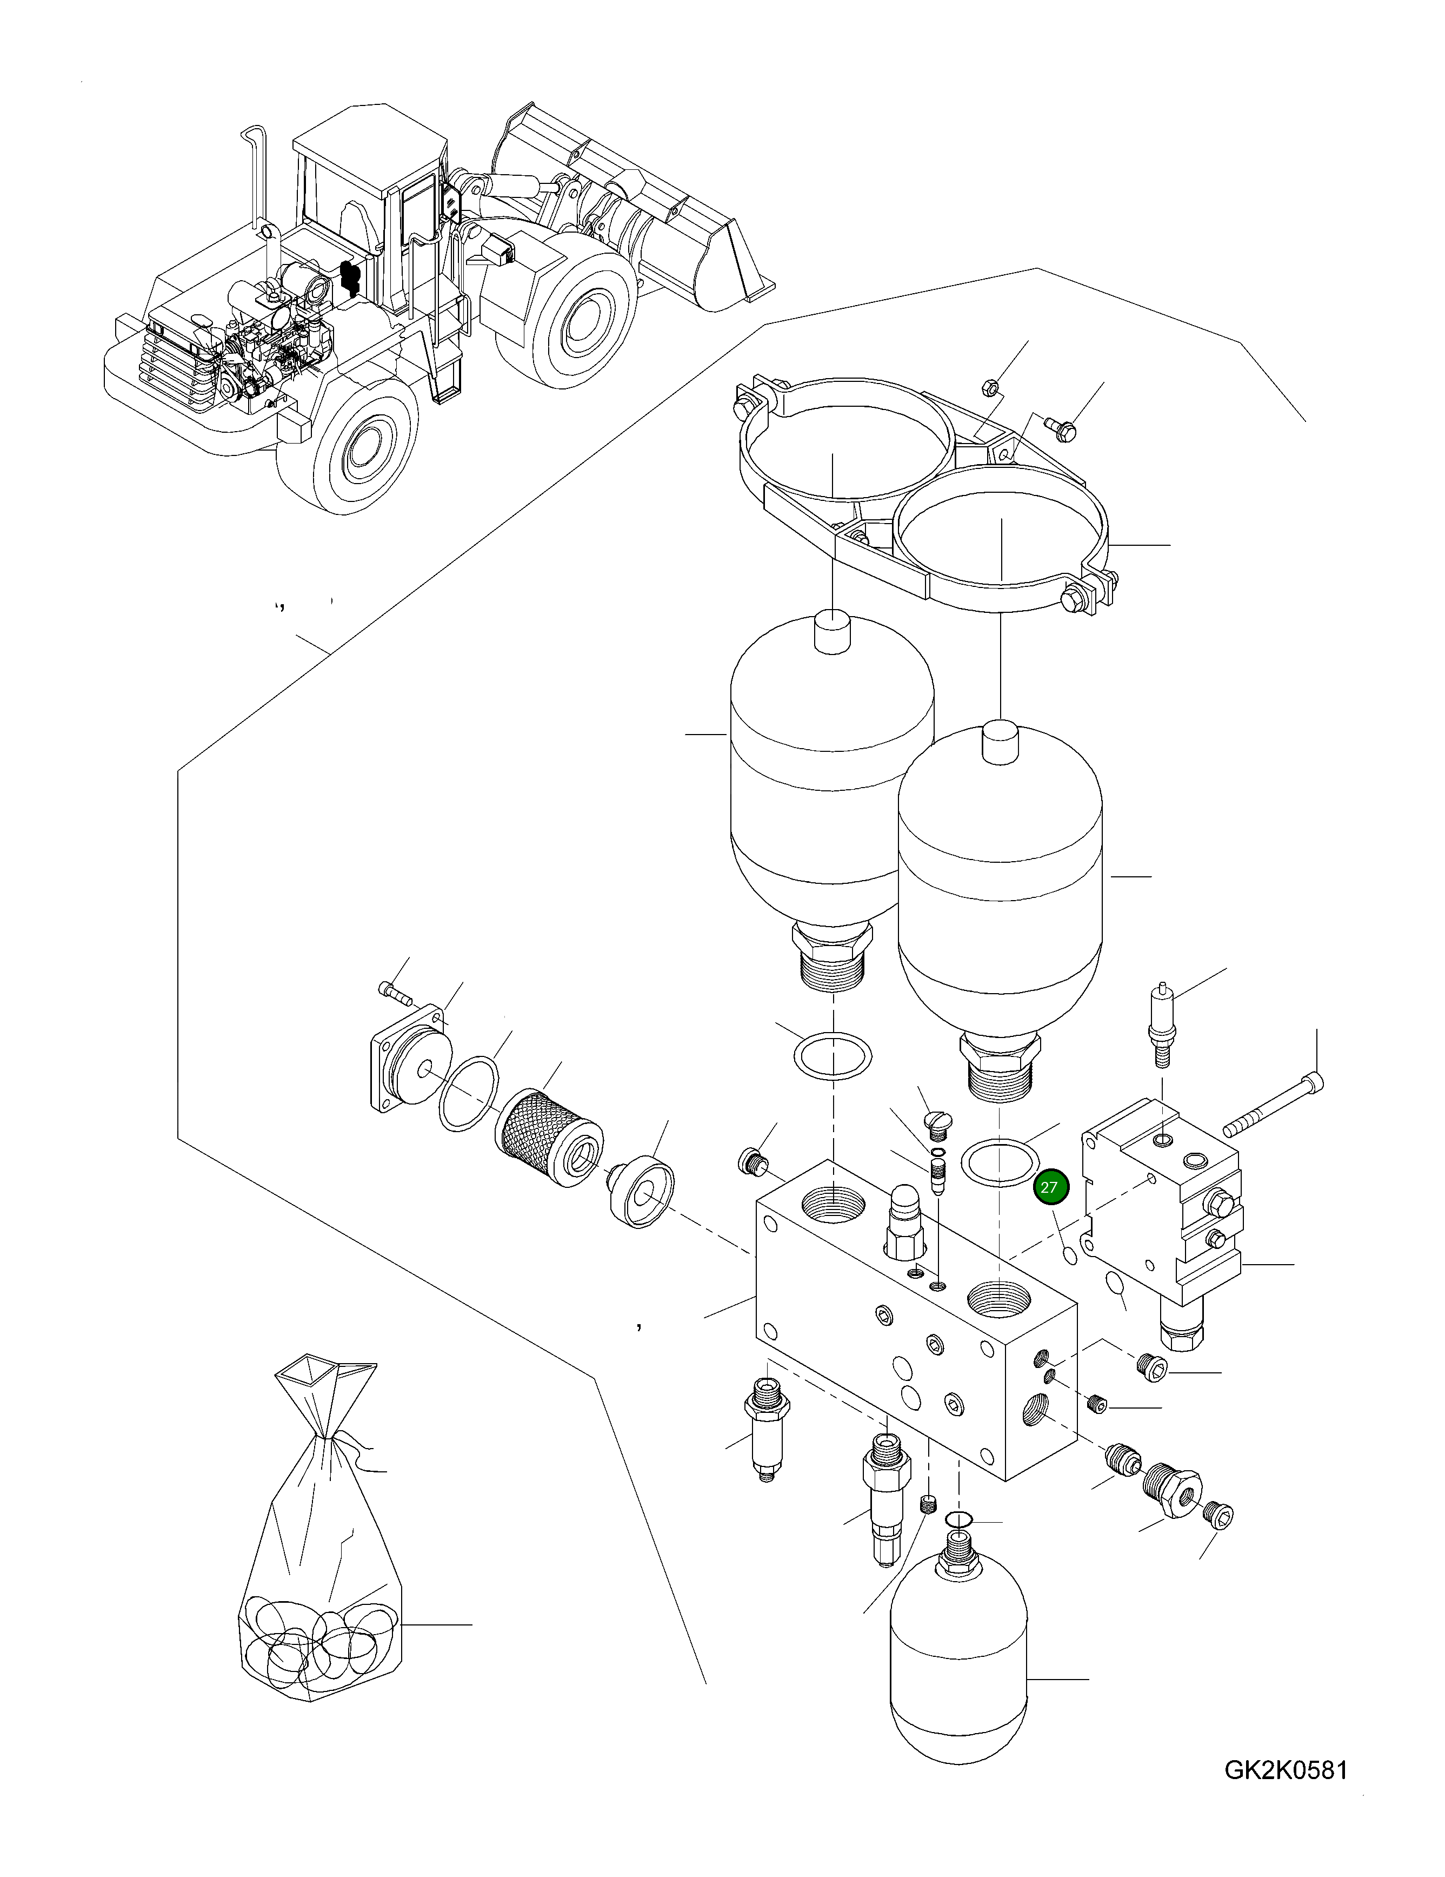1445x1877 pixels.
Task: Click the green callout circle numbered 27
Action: click(1048, 1188)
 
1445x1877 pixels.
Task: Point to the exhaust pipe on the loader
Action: click(258, 181)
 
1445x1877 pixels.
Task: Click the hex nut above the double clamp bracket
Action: click(989, 388)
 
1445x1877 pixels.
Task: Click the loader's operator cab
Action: click(369, 189)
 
